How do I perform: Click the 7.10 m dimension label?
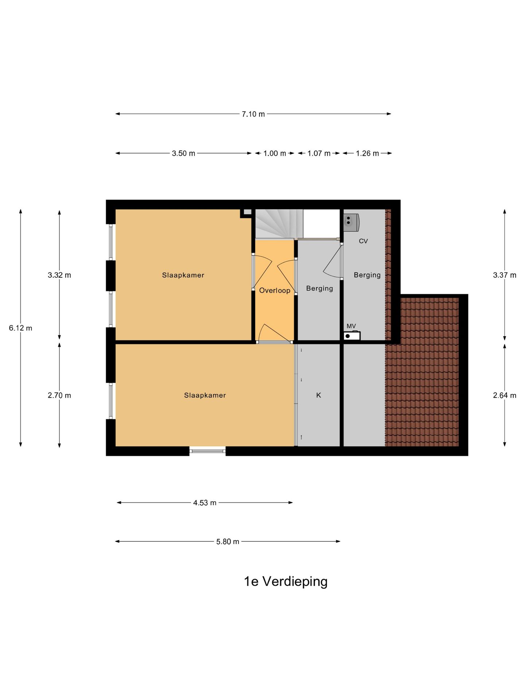tap(253, 114)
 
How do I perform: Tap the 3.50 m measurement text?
tap(183, 153)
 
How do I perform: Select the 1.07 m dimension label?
tap(319, 153)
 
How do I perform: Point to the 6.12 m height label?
tap(20, 328)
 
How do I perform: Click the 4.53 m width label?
tap(205, 503)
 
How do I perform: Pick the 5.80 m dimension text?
tap(227, 542)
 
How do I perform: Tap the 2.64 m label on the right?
tap(505, 396)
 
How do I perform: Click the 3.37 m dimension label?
tap(505, 275)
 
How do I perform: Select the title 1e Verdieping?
tap(285, 582)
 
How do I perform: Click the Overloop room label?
tap(275, 291)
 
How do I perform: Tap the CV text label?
tap(363, 241)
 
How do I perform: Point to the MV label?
tap(351, 326)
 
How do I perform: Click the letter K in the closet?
tap(318, 395)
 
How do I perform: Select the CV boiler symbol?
tap(351, 222)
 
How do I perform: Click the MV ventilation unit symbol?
tap(352, 336)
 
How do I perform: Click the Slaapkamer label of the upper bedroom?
tap(183, 275)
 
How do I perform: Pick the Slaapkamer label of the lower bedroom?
tap(205, 395)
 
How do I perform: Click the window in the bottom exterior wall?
tap(207, 451)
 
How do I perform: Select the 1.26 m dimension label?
tap(367, 153)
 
